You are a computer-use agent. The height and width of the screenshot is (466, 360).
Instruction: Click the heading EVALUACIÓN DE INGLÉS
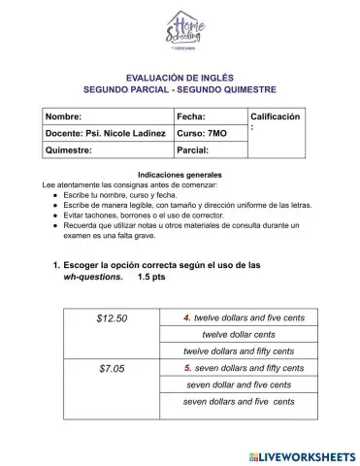pos(180,75)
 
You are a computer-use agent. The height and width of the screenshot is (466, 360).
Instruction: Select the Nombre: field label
pos(64,116)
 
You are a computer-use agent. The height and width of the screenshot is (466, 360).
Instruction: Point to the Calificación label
pos(275,116)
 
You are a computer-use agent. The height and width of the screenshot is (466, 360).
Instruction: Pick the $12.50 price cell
pos(113,317)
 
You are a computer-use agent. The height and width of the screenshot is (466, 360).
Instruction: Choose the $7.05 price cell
pos(113,368)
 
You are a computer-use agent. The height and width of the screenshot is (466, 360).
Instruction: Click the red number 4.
pos(187,317)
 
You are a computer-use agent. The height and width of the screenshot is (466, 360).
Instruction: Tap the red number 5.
pos(187,368)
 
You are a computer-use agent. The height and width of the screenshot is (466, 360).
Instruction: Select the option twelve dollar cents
pos(239,334)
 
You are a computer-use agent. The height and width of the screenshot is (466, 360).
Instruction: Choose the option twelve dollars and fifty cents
pos(239,350)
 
